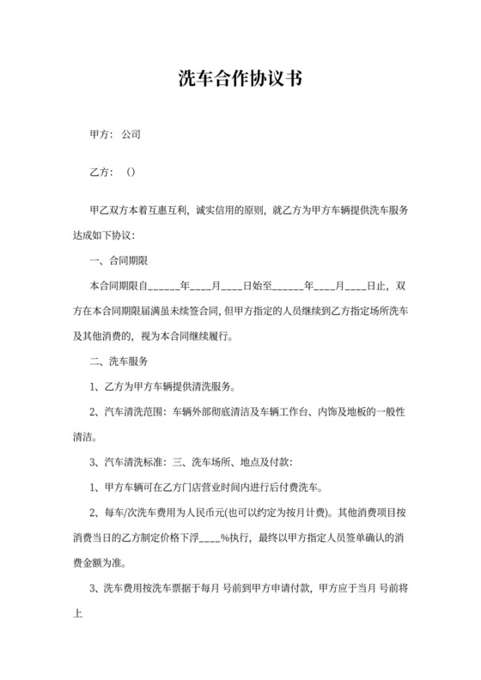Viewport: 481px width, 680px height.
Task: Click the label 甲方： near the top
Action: tap(102, 135)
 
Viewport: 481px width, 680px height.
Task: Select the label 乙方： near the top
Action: tap(102, 172)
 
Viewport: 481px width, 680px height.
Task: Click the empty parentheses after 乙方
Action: tap(131, 172)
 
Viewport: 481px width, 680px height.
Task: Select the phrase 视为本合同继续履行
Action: tap(195, 335)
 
